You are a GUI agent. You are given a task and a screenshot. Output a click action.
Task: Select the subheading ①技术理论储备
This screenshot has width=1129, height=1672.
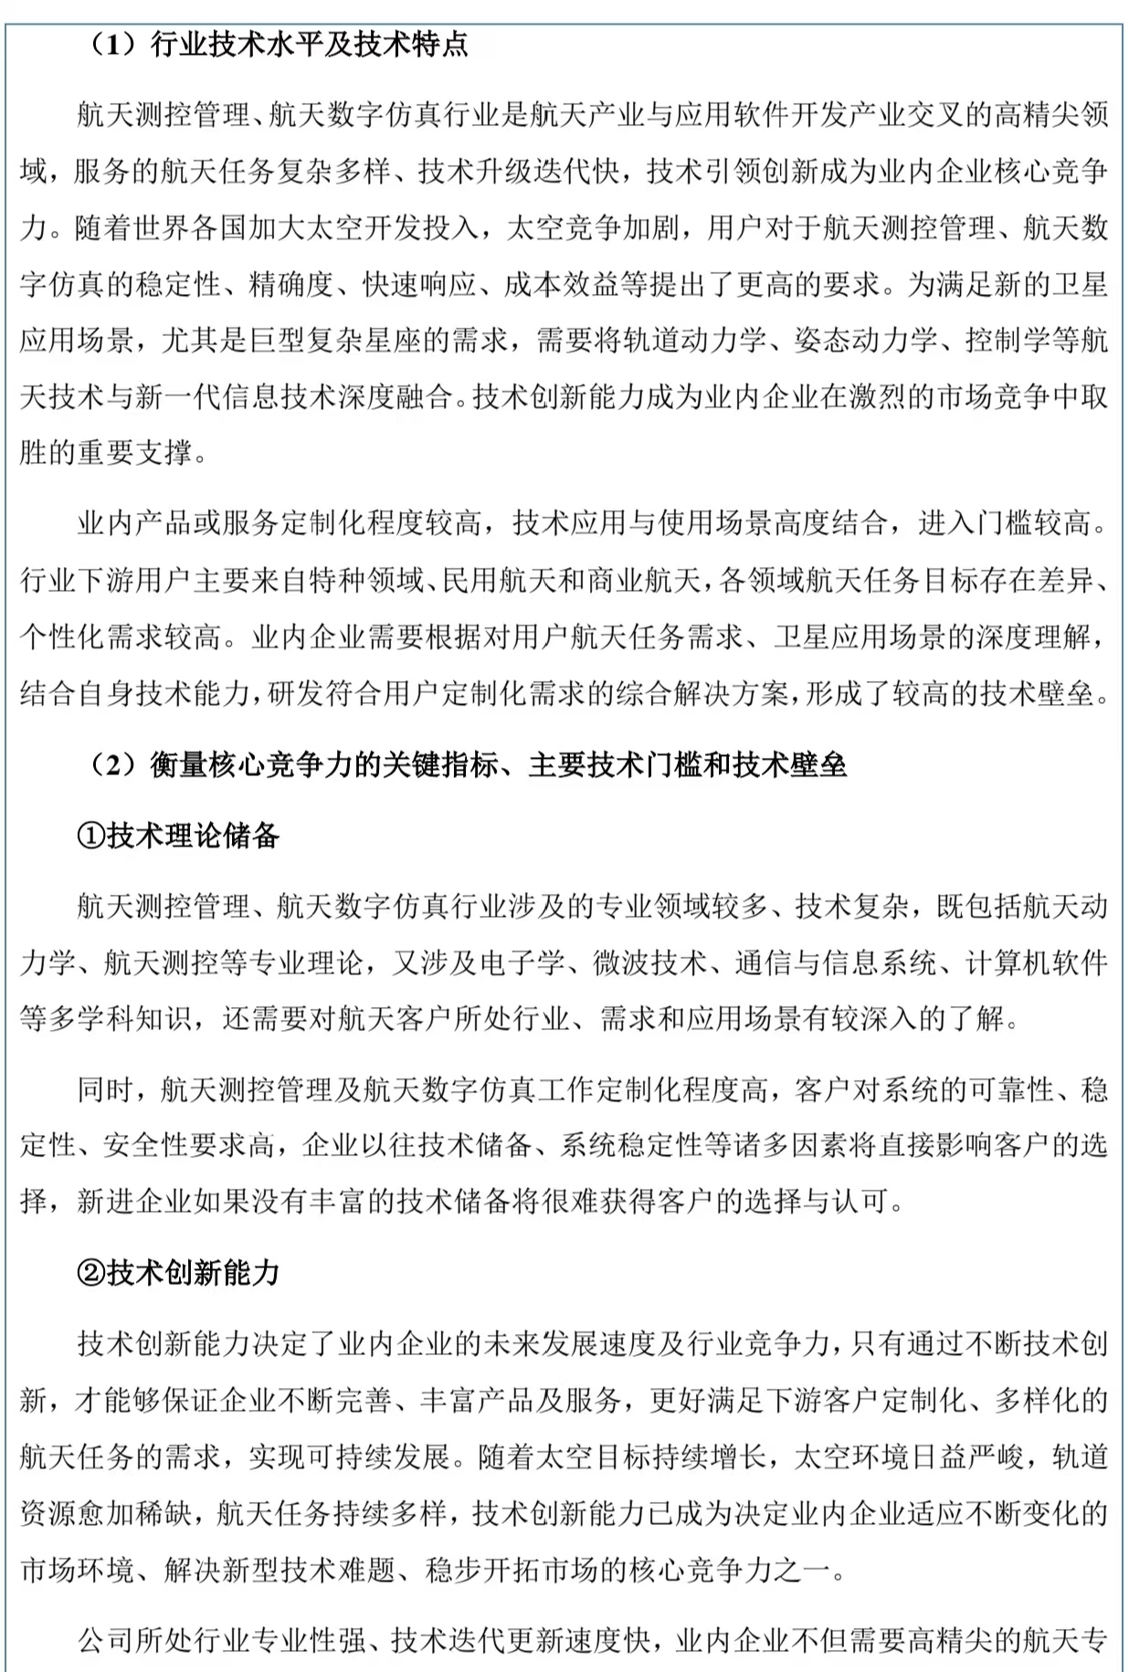click(178, 835)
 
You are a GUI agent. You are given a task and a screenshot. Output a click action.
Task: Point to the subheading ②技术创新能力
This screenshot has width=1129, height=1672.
click(178, 1272)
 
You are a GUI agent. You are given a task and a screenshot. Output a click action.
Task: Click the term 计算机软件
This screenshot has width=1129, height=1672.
click(1037, 962)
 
